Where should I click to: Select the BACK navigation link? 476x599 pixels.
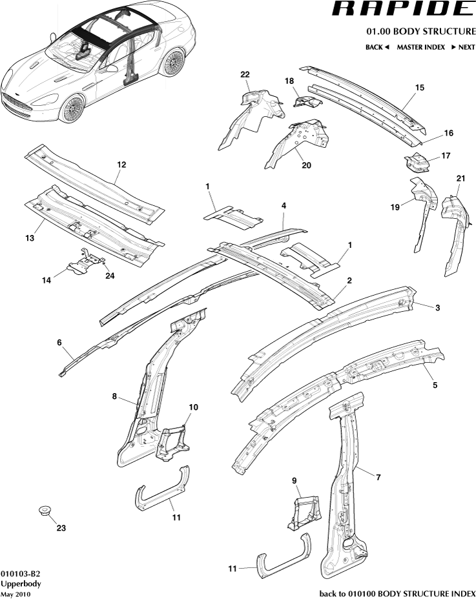tap(377, 47)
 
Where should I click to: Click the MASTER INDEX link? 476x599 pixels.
tap(420, 47)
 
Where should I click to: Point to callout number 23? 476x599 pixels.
tap(61, 527)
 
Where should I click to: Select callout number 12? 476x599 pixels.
tap(121, 165)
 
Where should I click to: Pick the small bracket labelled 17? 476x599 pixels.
tap(415, 161)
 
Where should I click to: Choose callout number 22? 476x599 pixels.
tap(245, 75)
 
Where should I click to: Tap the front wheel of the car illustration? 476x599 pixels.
tap(75, 107)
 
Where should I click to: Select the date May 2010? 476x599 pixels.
tap(15, 594)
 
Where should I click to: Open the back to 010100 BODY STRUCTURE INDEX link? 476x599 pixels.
tap(398, 593)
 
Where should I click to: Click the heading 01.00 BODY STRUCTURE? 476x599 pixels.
tap(420, 32)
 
